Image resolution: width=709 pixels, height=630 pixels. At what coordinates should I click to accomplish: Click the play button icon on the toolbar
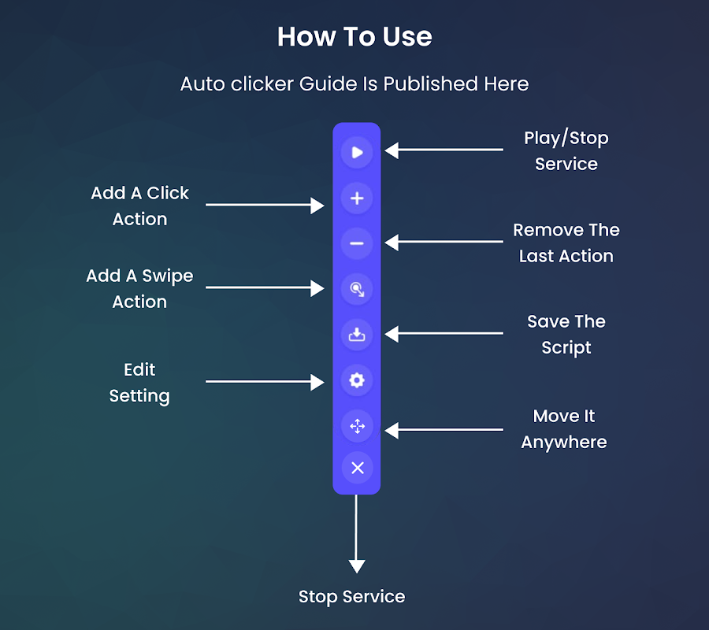click(357, 152)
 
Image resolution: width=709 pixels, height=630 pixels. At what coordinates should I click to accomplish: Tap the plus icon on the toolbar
click(357, 198)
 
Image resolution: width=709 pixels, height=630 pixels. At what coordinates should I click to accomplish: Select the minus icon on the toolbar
click(357, 243)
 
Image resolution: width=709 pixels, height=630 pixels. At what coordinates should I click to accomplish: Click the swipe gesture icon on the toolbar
click(357, 289)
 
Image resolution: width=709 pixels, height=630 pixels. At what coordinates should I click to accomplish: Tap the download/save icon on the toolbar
click(357, 335)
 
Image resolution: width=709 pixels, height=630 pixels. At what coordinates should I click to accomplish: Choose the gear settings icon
click(357, 380)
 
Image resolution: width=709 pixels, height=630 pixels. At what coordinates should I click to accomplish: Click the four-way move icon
click(357, 427)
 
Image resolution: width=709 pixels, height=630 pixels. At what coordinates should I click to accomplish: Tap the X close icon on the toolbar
click(357, 468)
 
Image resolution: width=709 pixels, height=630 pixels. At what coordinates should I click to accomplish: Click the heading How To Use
click(354, 37)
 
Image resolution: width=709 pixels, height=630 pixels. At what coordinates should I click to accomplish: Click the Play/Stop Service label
click(566, 150)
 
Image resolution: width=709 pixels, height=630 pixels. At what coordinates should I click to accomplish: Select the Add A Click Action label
click(139, 206)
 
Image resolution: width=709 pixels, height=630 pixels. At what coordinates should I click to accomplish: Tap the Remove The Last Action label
click(566, 243)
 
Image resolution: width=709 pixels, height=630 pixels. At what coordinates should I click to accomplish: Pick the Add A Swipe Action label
click(139, 288)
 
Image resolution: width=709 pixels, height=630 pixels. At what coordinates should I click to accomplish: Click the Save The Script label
click(566, 334)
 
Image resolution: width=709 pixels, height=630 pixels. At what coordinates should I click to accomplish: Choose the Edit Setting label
click(139, 382)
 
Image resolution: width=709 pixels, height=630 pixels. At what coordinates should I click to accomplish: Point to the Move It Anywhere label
click(564, 428)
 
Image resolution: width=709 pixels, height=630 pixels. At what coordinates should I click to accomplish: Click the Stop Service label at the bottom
click(351, 597)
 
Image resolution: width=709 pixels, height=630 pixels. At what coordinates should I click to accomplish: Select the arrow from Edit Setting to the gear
click(264, 382)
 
